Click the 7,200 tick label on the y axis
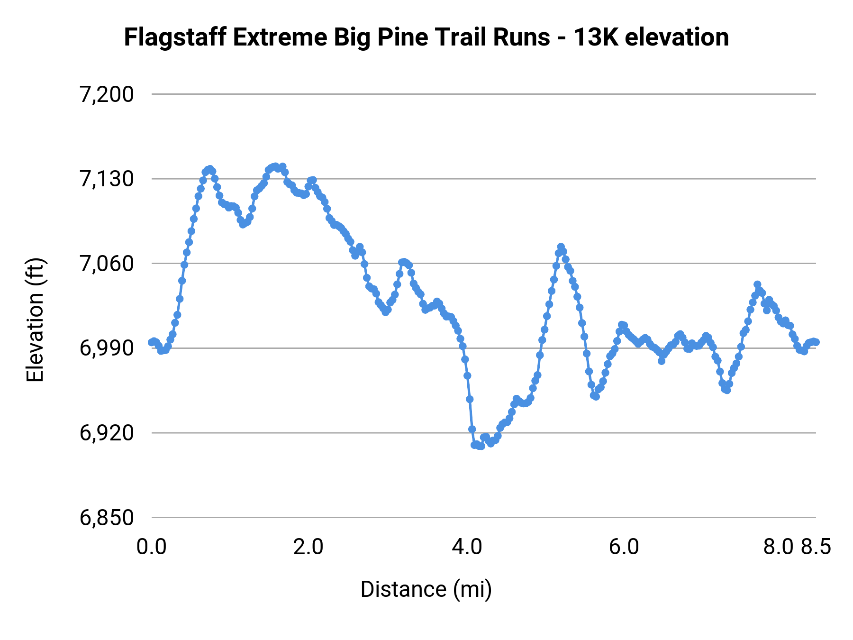(107, 95)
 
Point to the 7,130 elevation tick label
(107, 179)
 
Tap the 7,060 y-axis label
(107, 264)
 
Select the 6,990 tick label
(107, 348)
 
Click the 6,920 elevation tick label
(107, 433)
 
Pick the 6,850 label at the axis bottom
(107, 518)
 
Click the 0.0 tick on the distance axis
(152, 547)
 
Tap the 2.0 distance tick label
(309, 547)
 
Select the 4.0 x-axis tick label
(467, 547)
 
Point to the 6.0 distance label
(624, 547)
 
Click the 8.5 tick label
(817, 547)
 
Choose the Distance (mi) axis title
(426, 589)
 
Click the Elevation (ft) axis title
(35, 320)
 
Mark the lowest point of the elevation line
(481, 446)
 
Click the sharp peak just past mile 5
(561, 247)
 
